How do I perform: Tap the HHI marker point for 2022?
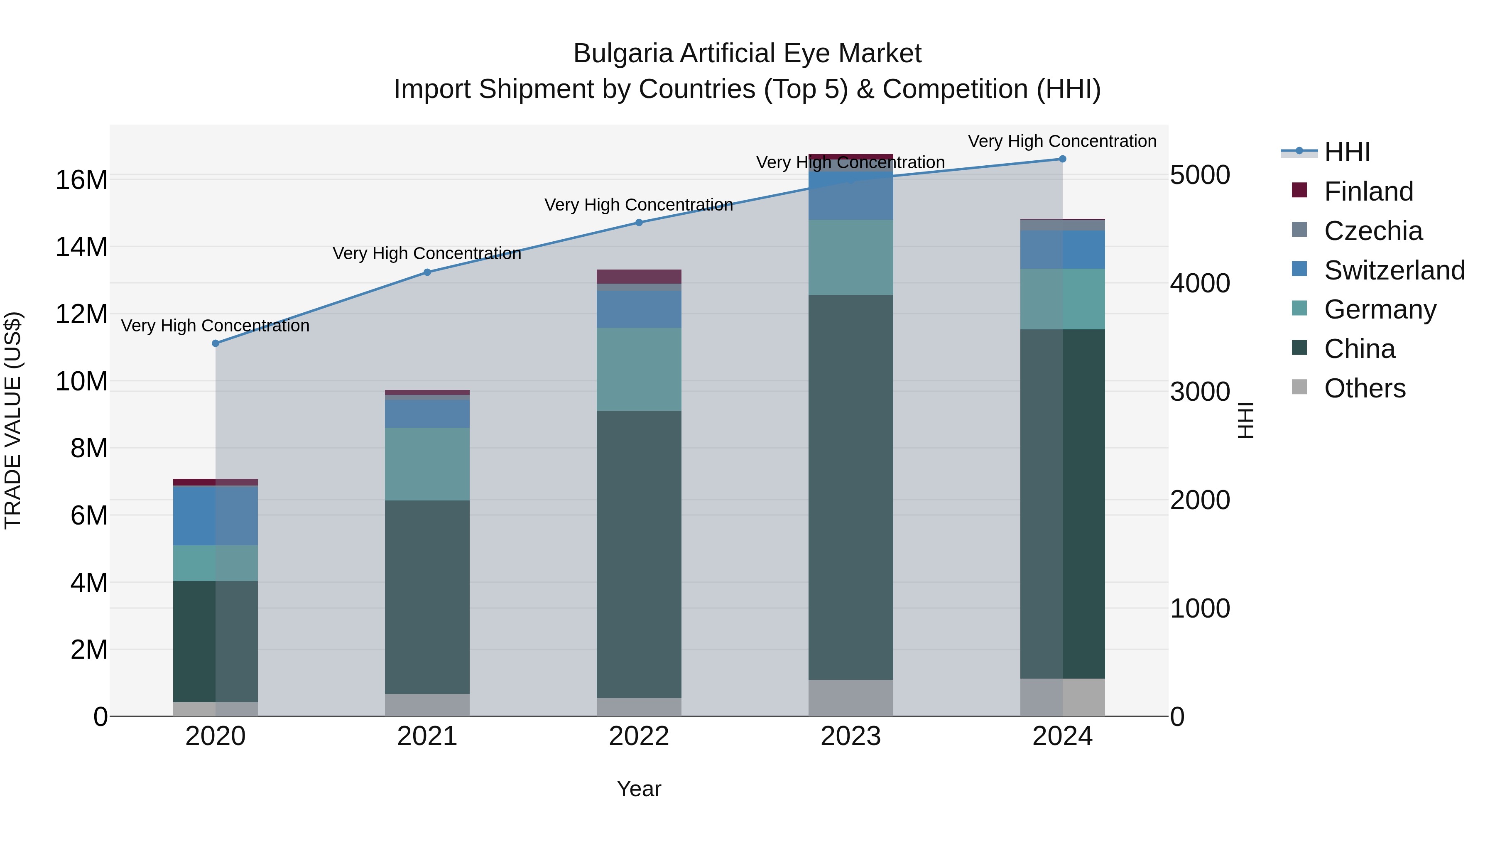(639, 222)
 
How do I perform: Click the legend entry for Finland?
(1368, 191)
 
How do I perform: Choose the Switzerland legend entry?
(1393, 270)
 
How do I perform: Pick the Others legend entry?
(1364, 388)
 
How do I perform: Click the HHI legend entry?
(1346, 152)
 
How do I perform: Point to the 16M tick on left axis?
(81, 180)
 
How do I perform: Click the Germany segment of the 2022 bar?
(639, 369)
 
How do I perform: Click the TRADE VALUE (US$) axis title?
(13, 420)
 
